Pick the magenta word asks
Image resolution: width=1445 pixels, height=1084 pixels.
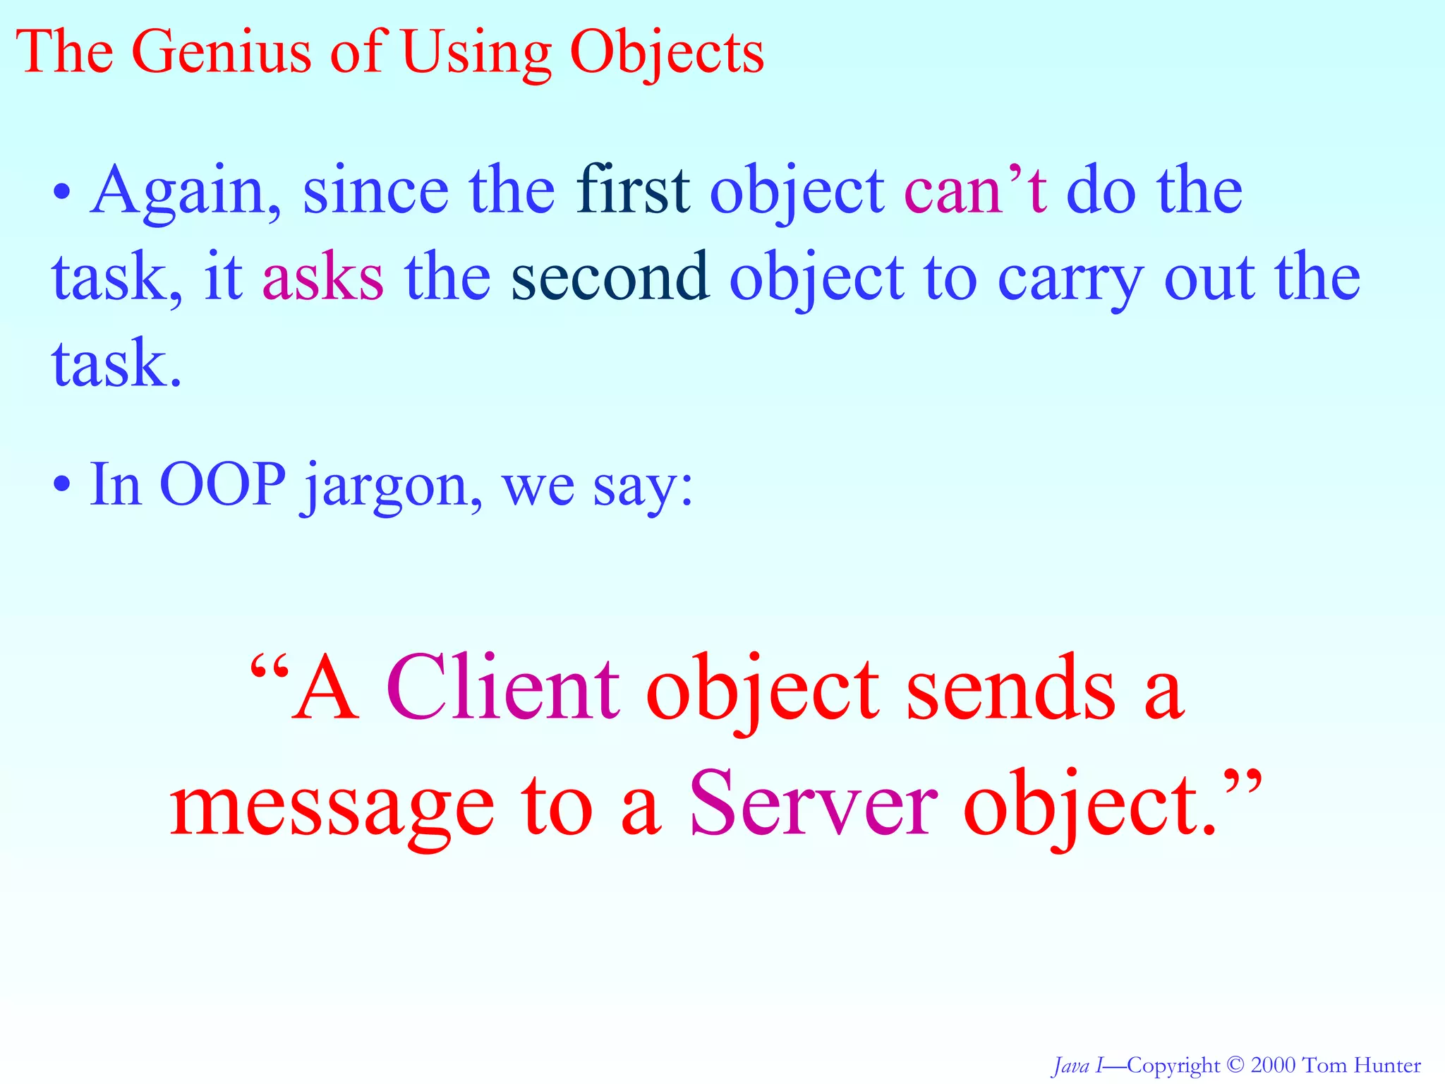(323, 276)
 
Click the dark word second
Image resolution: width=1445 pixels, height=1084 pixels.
(610, 276)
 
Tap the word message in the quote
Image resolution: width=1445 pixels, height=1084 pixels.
(332, 808)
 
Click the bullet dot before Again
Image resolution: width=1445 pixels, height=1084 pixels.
(63, 192)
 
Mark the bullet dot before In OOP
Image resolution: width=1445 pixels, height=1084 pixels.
(63, 485)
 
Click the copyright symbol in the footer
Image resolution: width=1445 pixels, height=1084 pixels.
(1234, 1064)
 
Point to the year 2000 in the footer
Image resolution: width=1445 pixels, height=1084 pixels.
(1273, 1065)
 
